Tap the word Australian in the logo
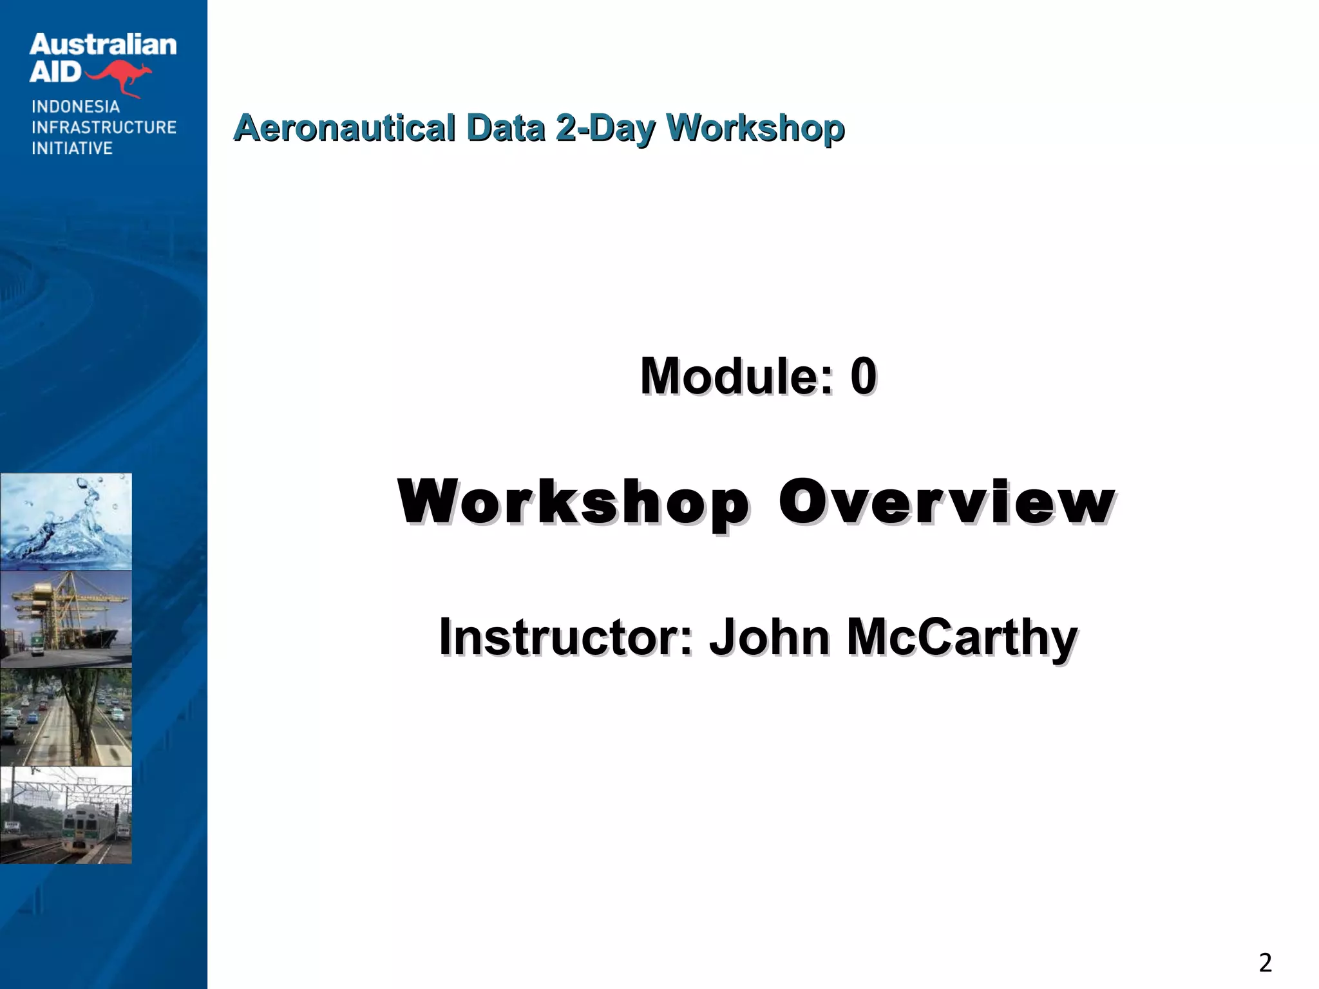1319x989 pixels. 102,45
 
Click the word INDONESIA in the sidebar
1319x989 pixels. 75,107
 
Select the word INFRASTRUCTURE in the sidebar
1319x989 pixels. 104,127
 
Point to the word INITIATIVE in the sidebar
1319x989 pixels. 72,148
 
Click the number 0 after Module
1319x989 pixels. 863,376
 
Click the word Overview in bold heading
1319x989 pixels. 947,502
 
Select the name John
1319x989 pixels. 770,637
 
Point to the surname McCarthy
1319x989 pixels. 962,637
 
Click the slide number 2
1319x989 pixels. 1265,963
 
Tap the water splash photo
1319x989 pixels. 66,522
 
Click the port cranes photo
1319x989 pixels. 66,619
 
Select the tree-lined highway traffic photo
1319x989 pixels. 66,717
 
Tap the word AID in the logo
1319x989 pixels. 55,72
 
